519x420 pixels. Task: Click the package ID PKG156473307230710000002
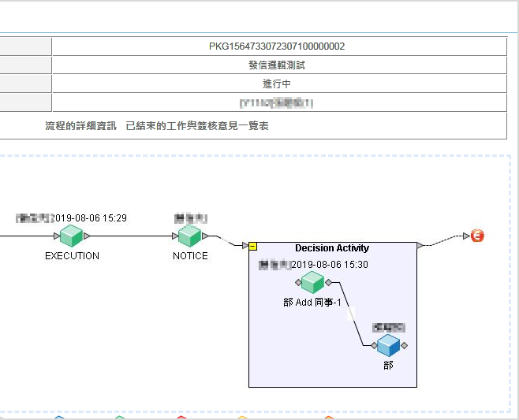pyautogui.click(x=277, y=46)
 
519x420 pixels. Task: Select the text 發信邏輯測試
pyautogui.click(x=277, y=65)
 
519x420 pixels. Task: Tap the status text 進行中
pyautogui.click(x=277, y=84)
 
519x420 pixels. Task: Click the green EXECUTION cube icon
pyautogui.click(x=72, y=236)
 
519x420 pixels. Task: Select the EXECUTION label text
pyautogui.click(x=72, y=256)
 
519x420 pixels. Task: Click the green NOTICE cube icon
pyautogui.click(x=189, y=236)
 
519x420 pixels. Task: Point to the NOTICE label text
pyautogui.click(x=190, y=256)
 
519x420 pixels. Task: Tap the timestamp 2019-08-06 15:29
pyautogui.click(x=89, y=218)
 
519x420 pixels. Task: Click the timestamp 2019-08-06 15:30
pyautogui.click(x=330, y=265)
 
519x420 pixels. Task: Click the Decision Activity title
pyautogui.click(x=332, y=248)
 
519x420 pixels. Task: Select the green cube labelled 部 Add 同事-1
pyautogui.click(x=312, y=282)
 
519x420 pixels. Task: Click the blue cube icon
pyautogui.click(x=388, y=345)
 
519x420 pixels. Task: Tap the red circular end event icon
pyautogui.click(x=477, y=236)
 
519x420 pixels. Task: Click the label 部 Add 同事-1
pyautogui.click(x=312, y=303)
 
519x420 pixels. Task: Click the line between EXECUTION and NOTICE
pyautogui.click(x=130, y=236)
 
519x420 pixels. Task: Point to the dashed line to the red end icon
pyautogui.click(x=446, y=240)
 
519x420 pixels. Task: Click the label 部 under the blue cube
pyautogui.click(x=388, y=366)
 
